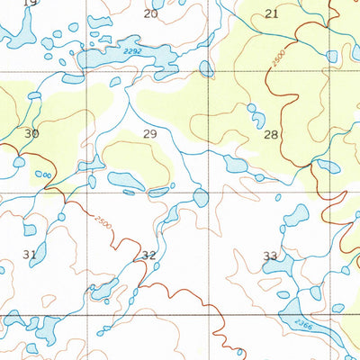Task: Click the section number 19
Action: [30, 4]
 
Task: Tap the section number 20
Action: [150, 13]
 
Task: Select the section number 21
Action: [271, 13]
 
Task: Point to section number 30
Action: [31, 133]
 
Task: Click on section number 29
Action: [150, 133]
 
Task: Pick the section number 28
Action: [270, 134]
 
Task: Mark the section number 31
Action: [30, 255]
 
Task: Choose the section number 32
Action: [148, 255]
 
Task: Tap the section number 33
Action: [270, 256]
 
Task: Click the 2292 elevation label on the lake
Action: [132, 54]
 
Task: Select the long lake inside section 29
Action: [125, 180]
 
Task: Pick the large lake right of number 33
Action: [295, 215]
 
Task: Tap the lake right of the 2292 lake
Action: [206, 67]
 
